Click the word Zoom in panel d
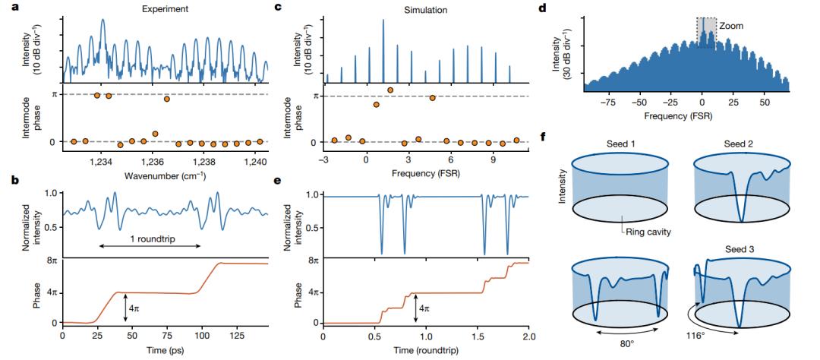[x=733, y=26]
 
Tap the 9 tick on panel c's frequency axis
[x=494, y=161]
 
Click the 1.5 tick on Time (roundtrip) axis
[x=478, y=334]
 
